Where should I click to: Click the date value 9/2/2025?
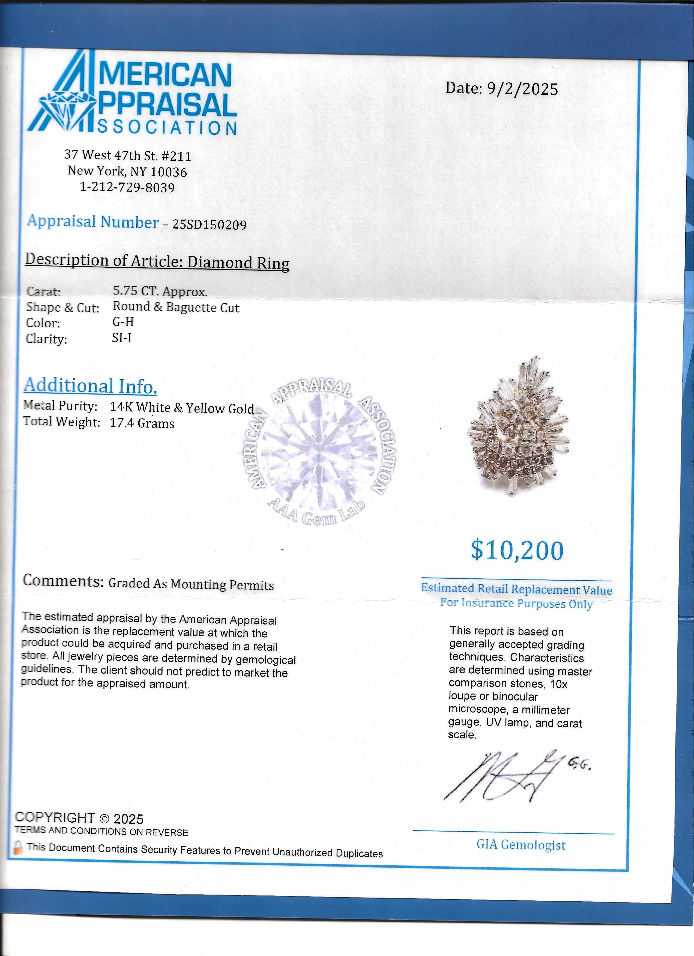tap(522, 89)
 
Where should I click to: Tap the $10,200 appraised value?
tap(517, 551)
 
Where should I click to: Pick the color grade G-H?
tap(123, 322)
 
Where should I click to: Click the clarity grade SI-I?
tap(122, 338)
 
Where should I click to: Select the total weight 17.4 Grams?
tap(142, 423)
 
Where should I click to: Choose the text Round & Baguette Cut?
tap(176, 307)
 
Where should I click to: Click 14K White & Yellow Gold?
tap(182, 408)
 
